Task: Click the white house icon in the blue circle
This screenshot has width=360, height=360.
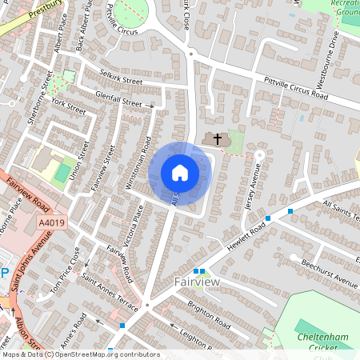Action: coord(180,173)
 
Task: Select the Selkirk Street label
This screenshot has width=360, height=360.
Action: coord(120,82)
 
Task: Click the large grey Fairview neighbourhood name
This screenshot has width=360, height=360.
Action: coord(198,282)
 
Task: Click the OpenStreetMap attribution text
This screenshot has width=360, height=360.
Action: coord(80,354)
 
